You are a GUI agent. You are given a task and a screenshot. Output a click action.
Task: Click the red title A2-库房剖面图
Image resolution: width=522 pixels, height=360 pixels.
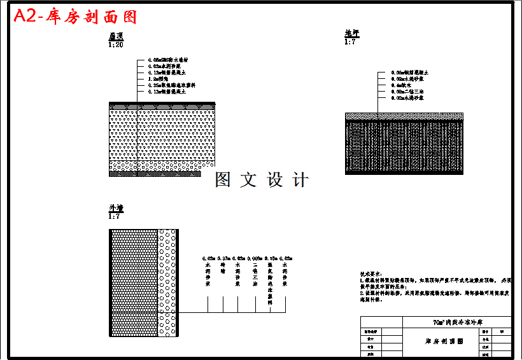pyautogui.click(x=75, y=17)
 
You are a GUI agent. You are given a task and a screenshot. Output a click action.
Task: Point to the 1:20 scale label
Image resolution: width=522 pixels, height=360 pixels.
pyautogui.click(x=115, y=45)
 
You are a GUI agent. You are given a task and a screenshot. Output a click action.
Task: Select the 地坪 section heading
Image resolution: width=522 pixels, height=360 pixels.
pyautogui.click(x=351, y=34)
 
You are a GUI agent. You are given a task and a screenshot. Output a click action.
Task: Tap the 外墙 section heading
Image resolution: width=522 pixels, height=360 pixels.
pyautogui.click(x=115, y=208)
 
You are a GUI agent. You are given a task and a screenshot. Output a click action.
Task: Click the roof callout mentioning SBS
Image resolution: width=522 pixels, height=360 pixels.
pyautogui.click(x=167, y=60)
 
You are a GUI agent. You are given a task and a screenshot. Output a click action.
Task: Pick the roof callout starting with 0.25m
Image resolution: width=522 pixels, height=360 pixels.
pyautogui.click(x=171, y=85)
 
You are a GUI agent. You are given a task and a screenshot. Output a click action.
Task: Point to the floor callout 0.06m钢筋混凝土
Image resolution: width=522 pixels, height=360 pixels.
pyautogui.click(x=414, y=73)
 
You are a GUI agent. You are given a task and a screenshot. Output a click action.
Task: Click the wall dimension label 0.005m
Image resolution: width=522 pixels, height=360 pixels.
pyautogui.click(x=255, y=259)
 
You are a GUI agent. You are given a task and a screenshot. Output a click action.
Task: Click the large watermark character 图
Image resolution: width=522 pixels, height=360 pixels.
pyautogui.click(x=223, y=180)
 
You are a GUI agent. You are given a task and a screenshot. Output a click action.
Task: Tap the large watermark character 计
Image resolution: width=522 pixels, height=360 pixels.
pyautogui.click(x=299, y=180)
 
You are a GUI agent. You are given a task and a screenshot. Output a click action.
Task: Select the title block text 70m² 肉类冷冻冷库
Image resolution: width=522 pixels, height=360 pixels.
pyautogui.click(x=457, y=322)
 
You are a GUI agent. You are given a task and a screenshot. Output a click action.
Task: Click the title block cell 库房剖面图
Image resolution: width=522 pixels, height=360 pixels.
pyautogui.click(x=444, y=341)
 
